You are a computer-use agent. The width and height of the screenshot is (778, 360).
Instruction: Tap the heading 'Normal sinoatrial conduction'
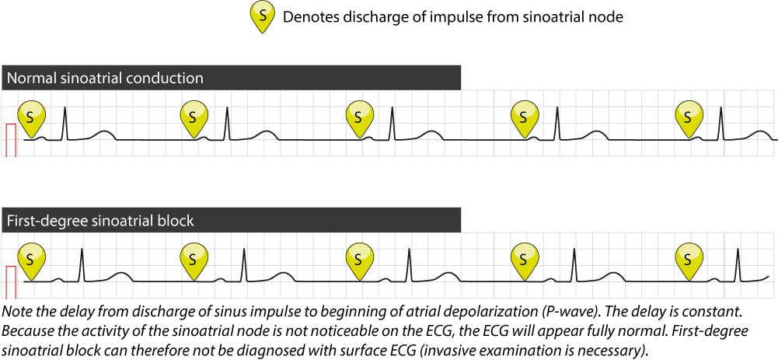point(104,78)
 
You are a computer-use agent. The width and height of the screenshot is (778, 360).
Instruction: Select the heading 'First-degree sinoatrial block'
point(99,221)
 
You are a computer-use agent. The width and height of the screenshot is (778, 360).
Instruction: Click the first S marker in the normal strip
point(30,117)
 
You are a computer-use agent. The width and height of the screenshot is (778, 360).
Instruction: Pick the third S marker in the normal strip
point(358,117)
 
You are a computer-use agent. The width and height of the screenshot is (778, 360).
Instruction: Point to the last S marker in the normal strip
point(687,117)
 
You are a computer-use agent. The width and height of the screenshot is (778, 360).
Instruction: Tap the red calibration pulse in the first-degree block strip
point(11,281)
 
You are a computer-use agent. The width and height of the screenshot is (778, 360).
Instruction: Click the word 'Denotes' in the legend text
point(309,16)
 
